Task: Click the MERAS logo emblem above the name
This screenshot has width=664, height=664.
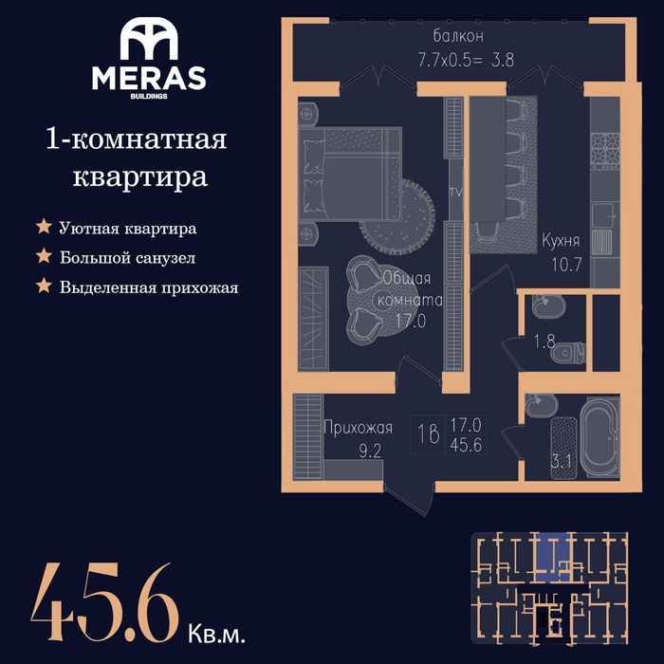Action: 149,39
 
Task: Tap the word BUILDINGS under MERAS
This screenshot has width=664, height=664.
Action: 149,96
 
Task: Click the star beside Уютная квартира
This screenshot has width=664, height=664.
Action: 44,227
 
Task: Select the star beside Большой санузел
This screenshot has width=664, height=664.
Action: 44,256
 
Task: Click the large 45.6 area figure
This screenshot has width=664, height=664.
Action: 105,601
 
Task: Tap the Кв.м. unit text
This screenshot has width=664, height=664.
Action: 216,634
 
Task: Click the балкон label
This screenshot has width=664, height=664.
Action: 458,36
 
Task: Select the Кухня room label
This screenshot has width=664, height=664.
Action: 561,241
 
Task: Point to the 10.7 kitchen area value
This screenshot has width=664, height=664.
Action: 566,265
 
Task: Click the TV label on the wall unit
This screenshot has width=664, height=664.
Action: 455,193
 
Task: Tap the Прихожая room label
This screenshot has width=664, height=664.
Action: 358,429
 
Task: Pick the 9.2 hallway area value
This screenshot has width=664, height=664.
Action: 370,451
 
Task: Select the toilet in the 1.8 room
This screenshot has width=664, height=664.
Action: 568,353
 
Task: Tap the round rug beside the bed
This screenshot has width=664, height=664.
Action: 397,215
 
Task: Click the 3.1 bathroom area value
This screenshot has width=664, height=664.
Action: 562,461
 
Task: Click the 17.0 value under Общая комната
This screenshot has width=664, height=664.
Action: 411,321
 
